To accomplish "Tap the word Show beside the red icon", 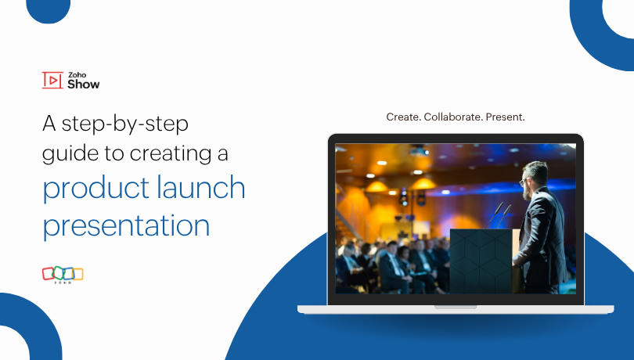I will (84, 84).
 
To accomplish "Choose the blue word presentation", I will (126, 225).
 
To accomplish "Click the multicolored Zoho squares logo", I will (63, 274).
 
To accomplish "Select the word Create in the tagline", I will (403, 117).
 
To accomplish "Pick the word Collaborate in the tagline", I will (453, 117).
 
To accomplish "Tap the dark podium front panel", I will (481, 261).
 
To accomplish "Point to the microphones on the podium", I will (500, 212).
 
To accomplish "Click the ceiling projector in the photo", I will (420, 151).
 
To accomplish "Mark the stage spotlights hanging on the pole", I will (404, 196).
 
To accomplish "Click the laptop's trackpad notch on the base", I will (455, 307).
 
